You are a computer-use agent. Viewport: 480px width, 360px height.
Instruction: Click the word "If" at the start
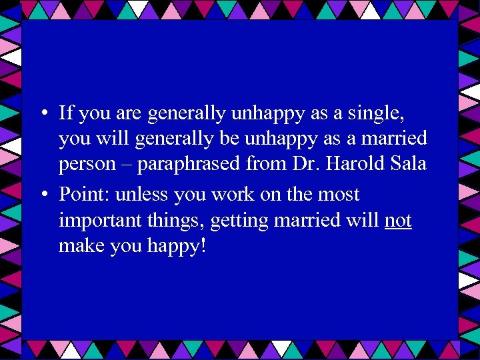point(66,113)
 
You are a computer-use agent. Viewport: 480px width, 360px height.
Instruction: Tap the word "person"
point(87,164)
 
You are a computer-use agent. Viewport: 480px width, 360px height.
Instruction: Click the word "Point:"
point(85,195)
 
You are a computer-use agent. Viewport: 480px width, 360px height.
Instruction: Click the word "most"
point(339,195)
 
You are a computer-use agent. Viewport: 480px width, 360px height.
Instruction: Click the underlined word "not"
point(398,220)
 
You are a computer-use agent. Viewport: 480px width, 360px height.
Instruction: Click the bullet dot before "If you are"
point(42,114)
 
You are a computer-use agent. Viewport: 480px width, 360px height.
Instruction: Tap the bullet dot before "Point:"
point(42,195)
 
